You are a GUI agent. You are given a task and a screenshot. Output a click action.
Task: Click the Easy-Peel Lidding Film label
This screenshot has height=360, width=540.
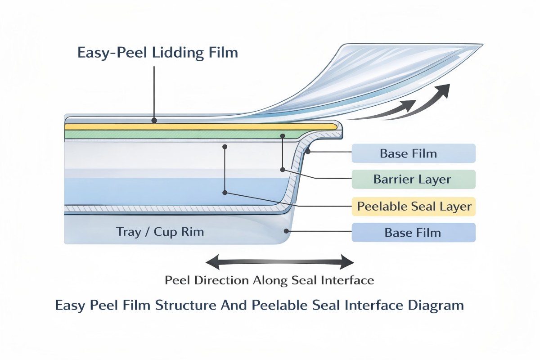(157, 53)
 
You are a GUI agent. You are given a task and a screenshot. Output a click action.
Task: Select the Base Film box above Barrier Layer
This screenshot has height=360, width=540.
(413, 153)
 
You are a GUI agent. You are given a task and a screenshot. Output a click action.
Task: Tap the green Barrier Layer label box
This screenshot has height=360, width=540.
(413, 180)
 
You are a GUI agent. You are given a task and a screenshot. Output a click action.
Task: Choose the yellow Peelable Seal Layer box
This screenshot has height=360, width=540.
(413, 207)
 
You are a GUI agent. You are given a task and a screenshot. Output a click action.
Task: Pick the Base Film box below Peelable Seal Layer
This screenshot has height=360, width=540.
(413, 233)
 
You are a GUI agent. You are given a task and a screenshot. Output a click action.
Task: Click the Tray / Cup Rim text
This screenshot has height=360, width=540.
(160, 232)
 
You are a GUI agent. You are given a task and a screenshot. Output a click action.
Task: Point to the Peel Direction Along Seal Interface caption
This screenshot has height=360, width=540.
(269, 280)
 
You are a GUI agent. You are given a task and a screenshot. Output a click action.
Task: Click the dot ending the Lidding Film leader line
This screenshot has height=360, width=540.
(154, 121)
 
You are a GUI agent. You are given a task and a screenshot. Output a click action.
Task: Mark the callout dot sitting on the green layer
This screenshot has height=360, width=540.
(283, 135)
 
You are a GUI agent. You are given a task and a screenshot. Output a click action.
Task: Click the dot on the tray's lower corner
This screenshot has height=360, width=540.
(287, 231)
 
